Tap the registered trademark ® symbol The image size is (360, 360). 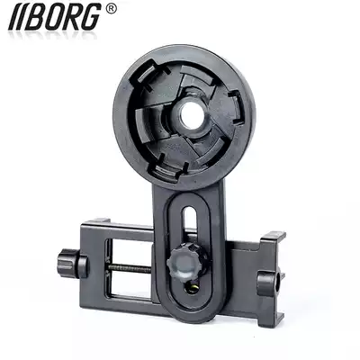pos(111,9)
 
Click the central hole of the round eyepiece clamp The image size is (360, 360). pos(192,113)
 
